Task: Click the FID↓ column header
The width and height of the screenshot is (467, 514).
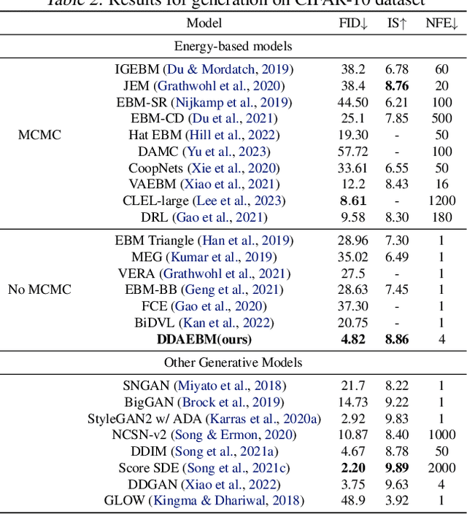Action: pos(354,23)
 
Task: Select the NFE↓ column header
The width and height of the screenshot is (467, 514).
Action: pos(441,23)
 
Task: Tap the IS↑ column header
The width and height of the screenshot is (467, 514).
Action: pos(397,23)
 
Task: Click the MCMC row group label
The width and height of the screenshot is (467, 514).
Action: pos(39,134)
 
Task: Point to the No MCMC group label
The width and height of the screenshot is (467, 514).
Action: pos(39,289)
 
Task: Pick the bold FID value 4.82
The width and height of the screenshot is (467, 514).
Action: pos(353,339)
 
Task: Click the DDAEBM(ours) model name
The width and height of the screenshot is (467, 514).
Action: pos(204,339)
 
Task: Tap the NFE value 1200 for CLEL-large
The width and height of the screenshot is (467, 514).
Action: pos(441,200)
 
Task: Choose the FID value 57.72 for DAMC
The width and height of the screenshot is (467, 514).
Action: pos(353,151)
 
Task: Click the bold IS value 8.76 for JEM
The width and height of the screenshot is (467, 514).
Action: pos(396,85)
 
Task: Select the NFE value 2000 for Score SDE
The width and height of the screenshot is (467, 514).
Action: pos(441,467)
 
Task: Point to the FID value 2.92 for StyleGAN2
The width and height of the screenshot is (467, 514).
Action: pos(353,418)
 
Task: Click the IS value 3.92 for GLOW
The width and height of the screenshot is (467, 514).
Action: pos(396,500)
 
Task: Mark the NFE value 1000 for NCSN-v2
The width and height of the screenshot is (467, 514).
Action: pos(441,435)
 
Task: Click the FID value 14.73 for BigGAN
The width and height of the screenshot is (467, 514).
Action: pos(353,402)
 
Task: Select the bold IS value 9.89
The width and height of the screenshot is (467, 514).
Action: pos(396,467)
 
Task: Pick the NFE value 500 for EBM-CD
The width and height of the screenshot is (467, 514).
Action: pos(441,118)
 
